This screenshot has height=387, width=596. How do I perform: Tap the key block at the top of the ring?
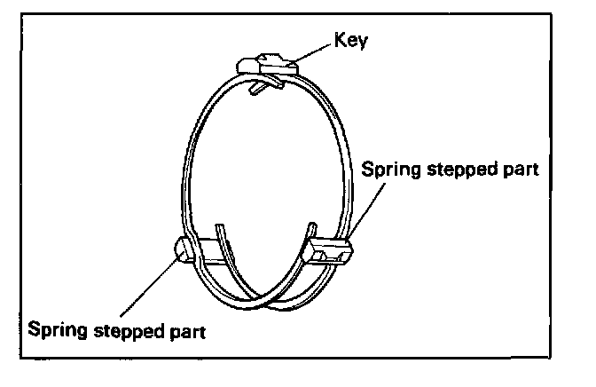click(266, 64)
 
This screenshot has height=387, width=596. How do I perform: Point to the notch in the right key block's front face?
click(332, 257)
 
